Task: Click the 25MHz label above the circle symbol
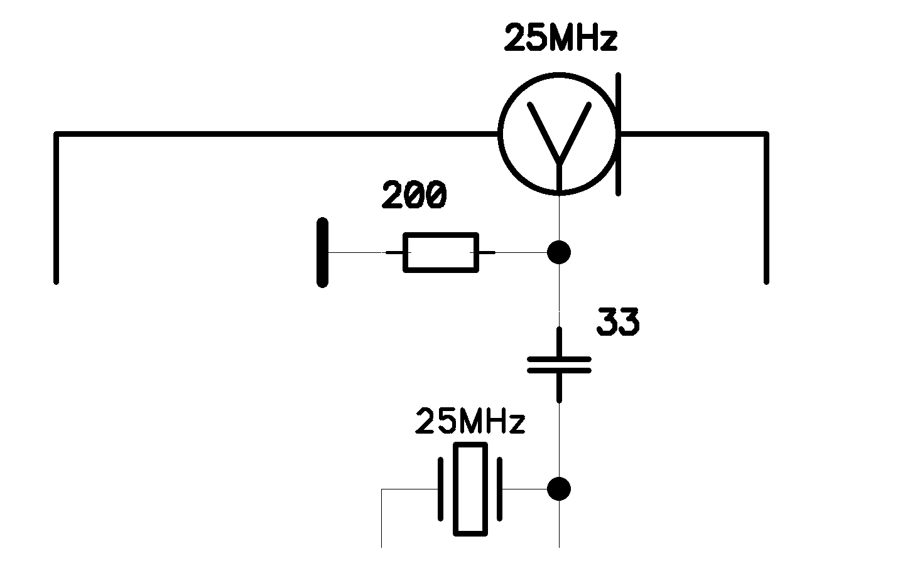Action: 561,37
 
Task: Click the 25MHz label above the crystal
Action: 470,421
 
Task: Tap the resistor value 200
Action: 414,195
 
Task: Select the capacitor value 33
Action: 618,321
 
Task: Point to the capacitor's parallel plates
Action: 559,365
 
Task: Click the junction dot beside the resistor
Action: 559,252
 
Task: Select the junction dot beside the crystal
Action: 559,489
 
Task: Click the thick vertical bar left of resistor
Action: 322,252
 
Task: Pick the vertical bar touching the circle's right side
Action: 619,134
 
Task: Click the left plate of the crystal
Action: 441,489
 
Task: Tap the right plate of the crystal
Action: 500,489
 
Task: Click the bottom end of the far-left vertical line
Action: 57,282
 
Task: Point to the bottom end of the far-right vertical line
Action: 766,282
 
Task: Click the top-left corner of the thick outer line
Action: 57,134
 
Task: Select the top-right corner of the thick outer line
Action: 766,134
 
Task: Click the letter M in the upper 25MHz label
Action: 563,37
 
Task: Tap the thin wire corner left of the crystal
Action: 381,489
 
